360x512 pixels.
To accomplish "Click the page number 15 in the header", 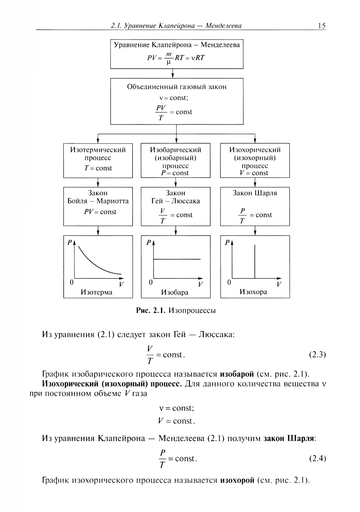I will click(x=321, y=26).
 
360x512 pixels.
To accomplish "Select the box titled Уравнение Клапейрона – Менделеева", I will click(x=176, y=54).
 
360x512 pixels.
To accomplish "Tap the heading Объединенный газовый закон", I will click(x=177, y=87).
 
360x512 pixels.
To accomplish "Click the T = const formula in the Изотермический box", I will click(x=98, y=168).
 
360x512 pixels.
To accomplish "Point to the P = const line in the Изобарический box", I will click(x=175, y=173).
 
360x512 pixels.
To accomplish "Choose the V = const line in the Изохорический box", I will click(x=255, y=173).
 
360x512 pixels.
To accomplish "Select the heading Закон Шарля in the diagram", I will click(x=255, y=193).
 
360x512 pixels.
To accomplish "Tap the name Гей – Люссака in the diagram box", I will click(x=175, y=201).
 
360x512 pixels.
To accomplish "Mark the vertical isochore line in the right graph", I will click(x=255, y=261).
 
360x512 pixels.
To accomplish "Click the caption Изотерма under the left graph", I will click(x=96, y=292).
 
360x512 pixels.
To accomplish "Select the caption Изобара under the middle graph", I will click(x=175, y=292).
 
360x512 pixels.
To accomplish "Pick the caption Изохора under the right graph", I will click(x=253, y=292).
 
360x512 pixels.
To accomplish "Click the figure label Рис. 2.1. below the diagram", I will click(x=150, y=310).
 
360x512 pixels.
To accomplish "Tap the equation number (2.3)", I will click(x=317, y=355).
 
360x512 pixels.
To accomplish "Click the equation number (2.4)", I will click(x=317, y=458).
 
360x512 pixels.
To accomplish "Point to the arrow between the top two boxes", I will click(x=173, y=73).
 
